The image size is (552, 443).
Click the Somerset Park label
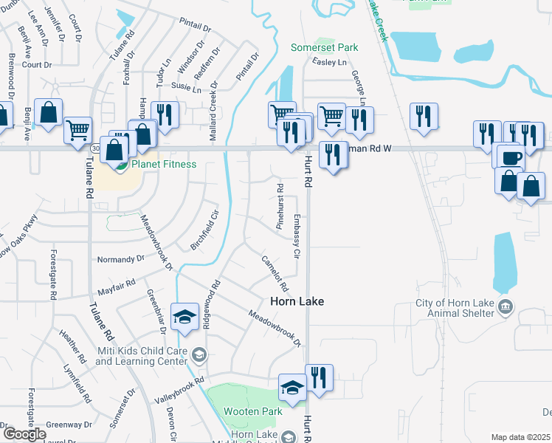pos(324,47)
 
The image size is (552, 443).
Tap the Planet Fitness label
pos(164,164)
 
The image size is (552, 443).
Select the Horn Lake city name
pos(296,301)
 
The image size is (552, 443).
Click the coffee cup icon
pos(511,157)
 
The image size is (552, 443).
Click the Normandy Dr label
pos(122,260)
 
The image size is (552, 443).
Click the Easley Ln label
pos(329,63)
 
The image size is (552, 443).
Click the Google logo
pos(24,433)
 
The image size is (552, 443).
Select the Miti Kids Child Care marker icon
pos(198,354)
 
